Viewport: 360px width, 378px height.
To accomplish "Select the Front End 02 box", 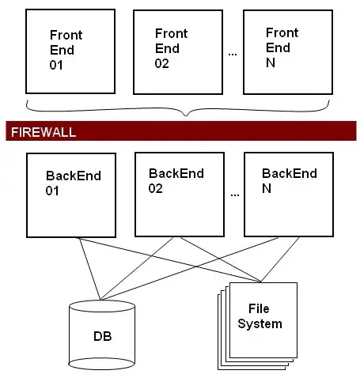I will coord(176,52).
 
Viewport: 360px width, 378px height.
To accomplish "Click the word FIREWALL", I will coord(43,132).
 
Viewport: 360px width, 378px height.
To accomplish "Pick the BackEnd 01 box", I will coord(72,195).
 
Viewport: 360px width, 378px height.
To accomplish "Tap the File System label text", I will coord(264,316).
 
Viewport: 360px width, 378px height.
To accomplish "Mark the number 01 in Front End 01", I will coord(56,65).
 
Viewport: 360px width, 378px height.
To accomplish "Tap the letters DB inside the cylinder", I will coord(101,337).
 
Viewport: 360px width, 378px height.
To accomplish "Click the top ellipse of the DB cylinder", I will coord(101,307).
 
